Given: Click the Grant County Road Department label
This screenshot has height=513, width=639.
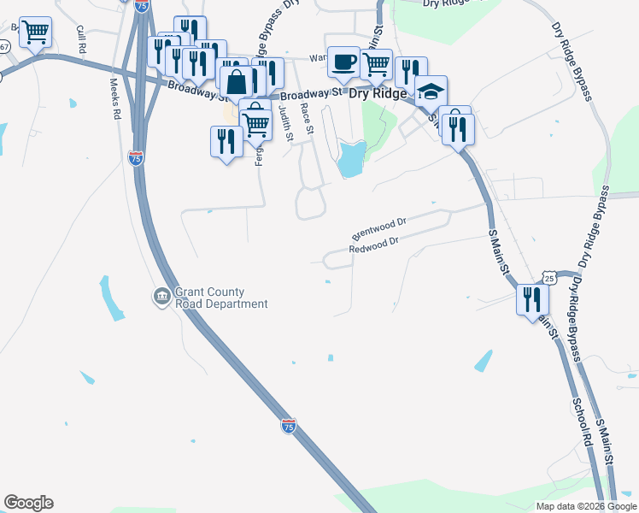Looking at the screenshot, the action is click(221, 298).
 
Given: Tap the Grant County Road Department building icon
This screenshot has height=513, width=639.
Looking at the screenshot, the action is click(161, 297).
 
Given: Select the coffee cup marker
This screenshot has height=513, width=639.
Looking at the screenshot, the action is click(343, 62).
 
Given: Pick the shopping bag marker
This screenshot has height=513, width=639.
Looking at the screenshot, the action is click(237, 82).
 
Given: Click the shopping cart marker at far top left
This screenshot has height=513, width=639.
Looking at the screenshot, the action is click(35, 32).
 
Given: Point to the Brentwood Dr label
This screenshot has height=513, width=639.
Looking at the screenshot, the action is click(378, 227).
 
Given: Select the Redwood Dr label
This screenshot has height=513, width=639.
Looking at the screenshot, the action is click(374, 247).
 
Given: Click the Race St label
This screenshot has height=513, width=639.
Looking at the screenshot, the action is click(308, 119).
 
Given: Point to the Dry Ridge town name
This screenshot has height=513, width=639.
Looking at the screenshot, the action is click(378, 96).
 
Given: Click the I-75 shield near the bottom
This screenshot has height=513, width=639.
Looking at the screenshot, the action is click(289, 426).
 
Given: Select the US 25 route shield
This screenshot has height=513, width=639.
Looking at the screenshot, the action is click(549, 278).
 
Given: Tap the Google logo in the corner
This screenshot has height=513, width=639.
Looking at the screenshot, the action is click(28, 503).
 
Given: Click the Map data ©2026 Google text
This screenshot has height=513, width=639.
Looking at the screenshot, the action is click(586, 506).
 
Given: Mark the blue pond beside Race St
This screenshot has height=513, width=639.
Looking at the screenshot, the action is click(351, 159).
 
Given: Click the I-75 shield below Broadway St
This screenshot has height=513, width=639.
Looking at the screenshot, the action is click(135, 157).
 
